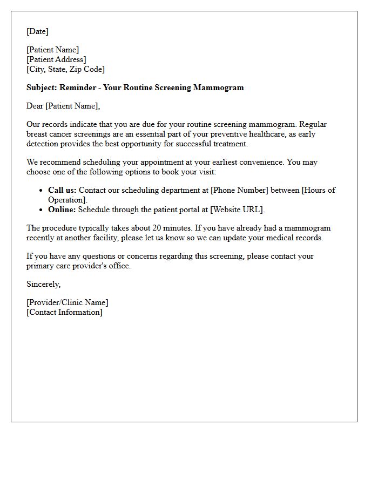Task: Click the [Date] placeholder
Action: [x=37, y=31]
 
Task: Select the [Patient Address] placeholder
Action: [x=56, y=59]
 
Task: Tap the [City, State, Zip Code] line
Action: [x=65, y=69]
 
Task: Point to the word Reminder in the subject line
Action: [x=78, y=87]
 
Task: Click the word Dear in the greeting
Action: [x=35, y=106]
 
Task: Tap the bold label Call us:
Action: [x=62, y=190]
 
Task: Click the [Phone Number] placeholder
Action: [x=240, y=190]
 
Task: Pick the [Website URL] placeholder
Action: [x=236, y=210]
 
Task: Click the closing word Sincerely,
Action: [x=44, y=284]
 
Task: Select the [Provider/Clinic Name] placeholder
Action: [x=67, y=302]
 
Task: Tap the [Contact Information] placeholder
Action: [x=64, y=312]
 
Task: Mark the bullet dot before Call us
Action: [x=42, y=191]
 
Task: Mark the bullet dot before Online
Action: [x=42, y=210]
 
